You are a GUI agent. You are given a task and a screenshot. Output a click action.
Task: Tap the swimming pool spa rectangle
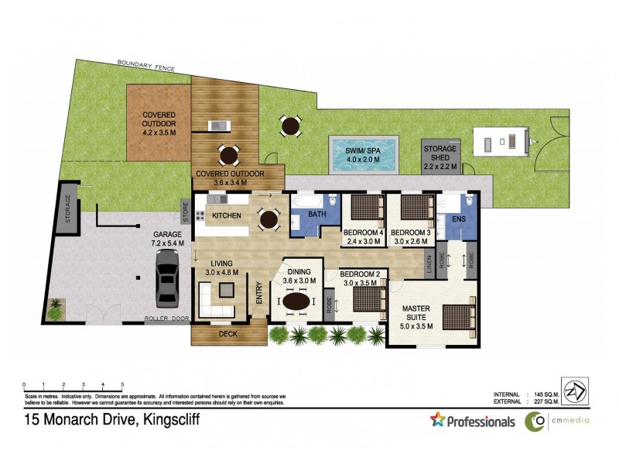(362, 155)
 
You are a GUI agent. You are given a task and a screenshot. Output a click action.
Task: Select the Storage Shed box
(440, 157)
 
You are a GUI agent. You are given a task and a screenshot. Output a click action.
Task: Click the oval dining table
(299, 301)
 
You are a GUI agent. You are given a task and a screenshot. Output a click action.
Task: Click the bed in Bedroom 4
(365, 208)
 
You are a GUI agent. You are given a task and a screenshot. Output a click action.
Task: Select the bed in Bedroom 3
(416, 208)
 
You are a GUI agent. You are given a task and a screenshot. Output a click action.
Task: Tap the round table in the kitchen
(268, 219)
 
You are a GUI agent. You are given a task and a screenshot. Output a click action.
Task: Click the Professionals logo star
(438, 421)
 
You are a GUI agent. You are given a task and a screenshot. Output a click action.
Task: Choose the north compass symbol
(574, 391)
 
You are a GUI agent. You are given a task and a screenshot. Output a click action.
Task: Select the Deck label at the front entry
(228, 334)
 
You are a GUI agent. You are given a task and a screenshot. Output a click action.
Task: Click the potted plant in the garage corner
(56, 308)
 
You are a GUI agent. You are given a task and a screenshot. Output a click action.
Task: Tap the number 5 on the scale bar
(122, 384)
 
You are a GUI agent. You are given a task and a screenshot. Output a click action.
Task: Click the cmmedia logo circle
(534, 422)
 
